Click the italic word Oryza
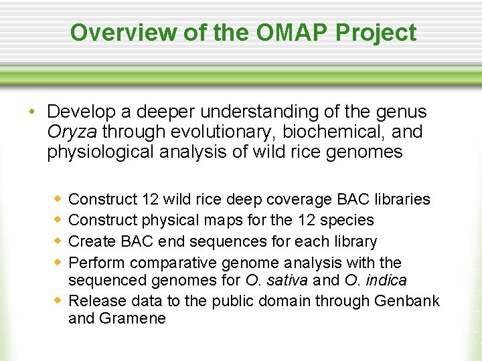pos(72,131)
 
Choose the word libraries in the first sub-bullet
pos(402,199)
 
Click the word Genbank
pos(407,301)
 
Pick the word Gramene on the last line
pos(132,318)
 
